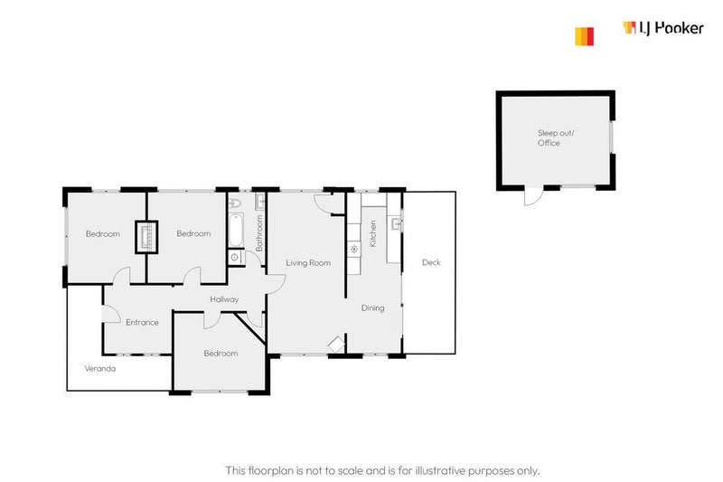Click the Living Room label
[308, 263]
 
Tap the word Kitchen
[371, 234]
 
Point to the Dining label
[373, 308]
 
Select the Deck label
[431, 263]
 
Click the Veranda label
[99, 369]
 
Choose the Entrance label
[142, 323]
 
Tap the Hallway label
[224, 299]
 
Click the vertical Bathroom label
[259, 232]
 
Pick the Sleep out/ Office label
[549, 137]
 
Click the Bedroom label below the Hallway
[221, 354]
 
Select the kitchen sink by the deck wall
[396, 223]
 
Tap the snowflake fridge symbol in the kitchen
[355, 249]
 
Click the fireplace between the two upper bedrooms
[146, 237]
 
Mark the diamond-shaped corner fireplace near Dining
[336, 344]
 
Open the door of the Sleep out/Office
[531, 194]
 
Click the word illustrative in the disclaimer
[424, 470]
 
